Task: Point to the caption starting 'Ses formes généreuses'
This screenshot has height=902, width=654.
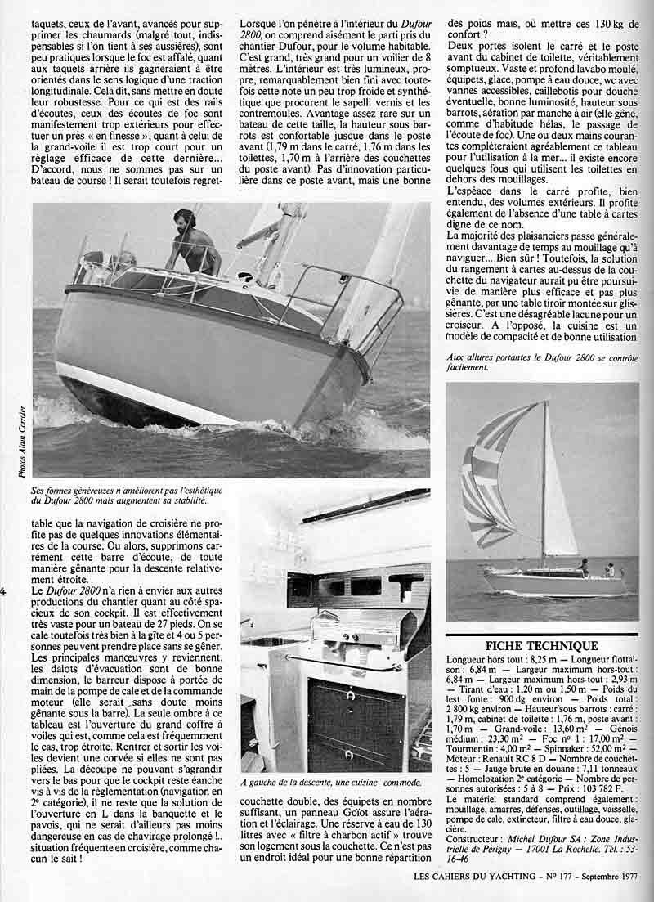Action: coord(120,494)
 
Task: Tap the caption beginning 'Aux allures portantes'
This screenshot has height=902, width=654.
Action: coord(542,361)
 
